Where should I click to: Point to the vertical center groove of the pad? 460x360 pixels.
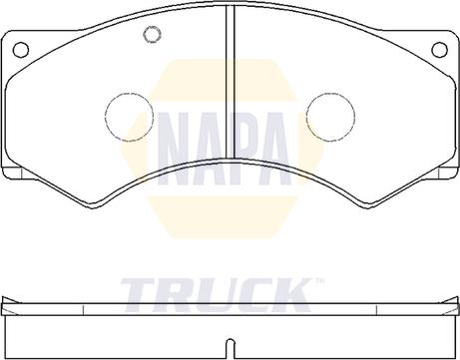click(x=230, y=82)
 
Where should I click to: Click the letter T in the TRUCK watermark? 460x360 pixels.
click(x=142, y=295)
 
